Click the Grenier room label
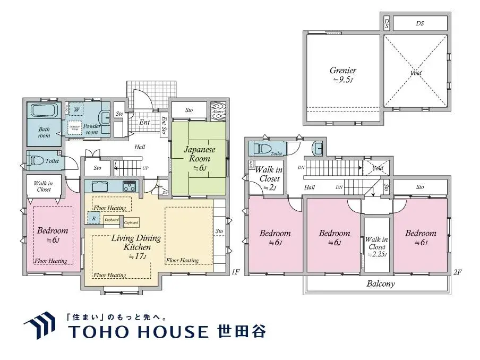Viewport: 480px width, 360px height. (342, 74)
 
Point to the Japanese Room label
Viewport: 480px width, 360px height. (200, 157)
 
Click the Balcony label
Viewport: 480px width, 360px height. (381, 284)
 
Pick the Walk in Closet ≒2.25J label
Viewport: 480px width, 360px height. (376, 247)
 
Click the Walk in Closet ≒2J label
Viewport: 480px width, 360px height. (268, 178)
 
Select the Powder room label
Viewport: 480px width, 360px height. (92, 129)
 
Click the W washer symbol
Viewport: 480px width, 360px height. (76, 109)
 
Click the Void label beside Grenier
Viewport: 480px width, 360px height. (416, 72)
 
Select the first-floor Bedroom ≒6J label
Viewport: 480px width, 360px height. (52, 234)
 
